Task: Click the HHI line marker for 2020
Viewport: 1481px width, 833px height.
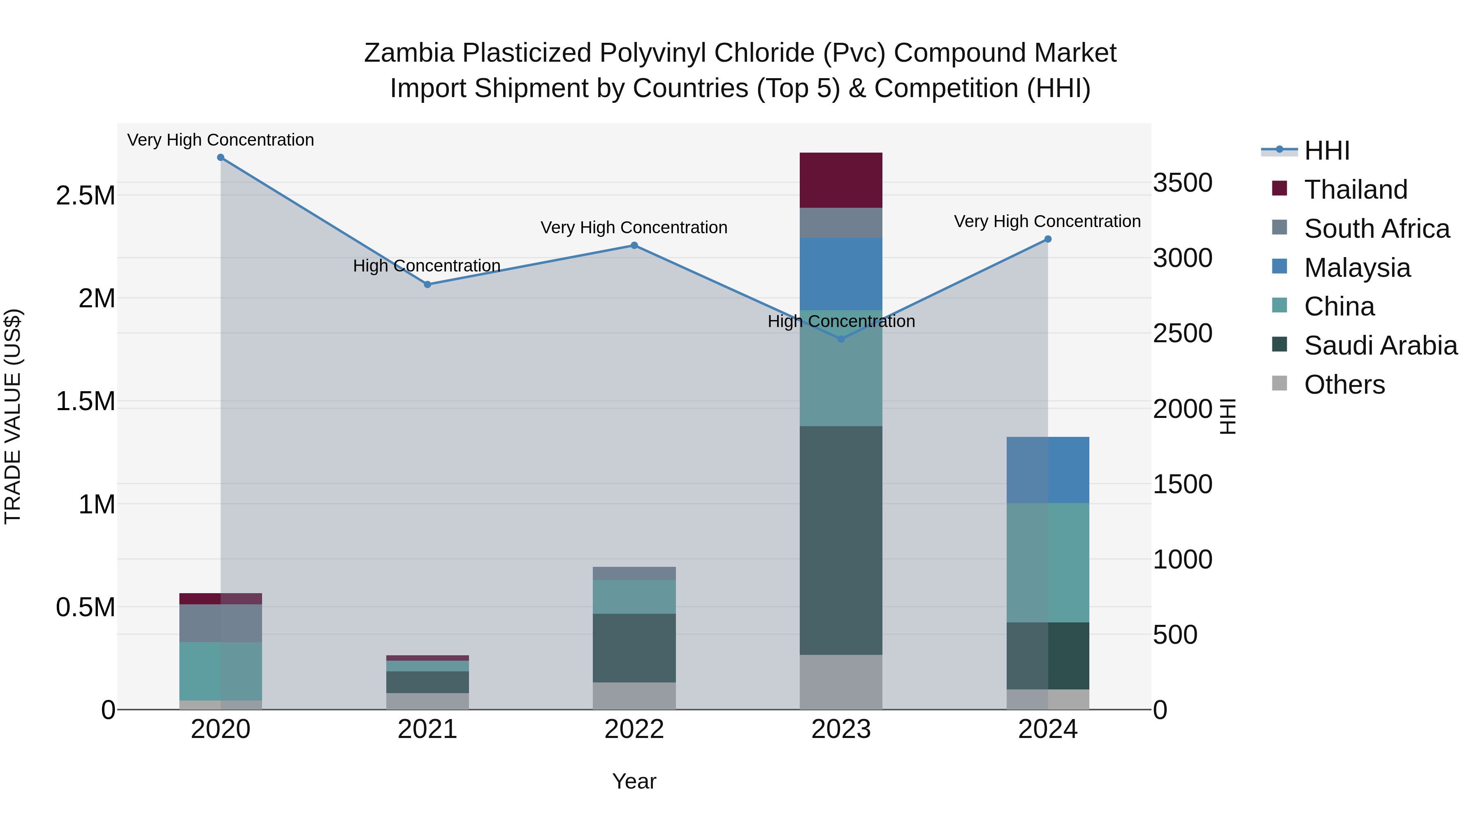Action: click(221, 158)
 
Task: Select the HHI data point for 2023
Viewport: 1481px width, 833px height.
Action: click(841, 339)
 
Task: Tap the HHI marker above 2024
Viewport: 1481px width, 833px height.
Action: click(1047, 239)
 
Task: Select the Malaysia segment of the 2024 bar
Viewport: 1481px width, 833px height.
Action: click(1047, 470)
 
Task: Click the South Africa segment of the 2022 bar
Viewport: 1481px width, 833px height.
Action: click(634, 573)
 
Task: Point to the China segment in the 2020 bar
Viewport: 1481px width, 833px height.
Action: click(221, 671)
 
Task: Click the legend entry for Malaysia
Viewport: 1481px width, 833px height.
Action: click(1357, 268)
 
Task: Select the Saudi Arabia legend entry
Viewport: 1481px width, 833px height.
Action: click(1380, 346)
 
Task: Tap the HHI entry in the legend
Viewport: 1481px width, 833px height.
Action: click(1326, 151)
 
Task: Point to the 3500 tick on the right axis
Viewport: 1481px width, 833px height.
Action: click(1183, 183)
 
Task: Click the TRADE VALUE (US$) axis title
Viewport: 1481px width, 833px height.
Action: click(13, 416)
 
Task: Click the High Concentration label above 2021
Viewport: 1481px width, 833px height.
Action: click(427, 266)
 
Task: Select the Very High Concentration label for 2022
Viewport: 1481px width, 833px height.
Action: click(634, 227)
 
